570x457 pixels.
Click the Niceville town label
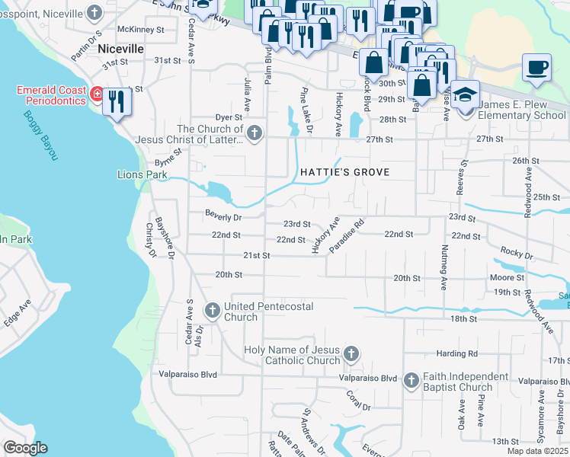coord(121,48)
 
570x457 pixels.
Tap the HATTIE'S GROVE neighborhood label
coord(344,172)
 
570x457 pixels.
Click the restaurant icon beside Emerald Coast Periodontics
coord(117,102)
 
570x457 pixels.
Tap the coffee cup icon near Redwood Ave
coord(536,68)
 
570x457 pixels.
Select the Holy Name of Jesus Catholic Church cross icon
coord(351,353)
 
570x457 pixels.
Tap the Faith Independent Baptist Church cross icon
coord(411,379)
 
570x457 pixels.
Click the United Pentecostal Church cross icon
coord(211,310)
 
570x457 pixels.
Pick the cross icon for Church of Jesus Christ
coord(255,134)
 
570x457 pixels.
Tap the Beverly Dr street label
coord(223,217)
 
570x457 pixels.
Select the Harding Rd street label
coord(456,353)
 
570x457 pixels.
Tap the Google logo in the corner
coord(26,447)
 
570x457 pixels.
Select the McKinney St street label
coord(144,30)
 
